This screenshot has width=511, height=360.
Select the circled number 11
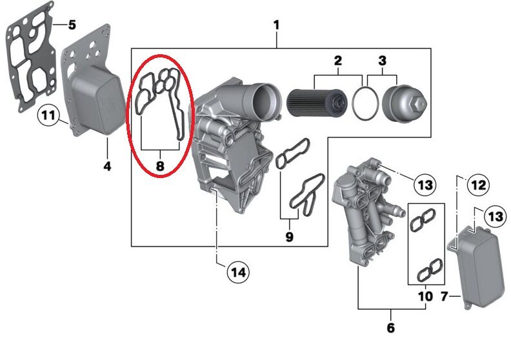point(47,116)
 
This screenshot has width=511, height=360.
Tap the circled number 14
point(238,272)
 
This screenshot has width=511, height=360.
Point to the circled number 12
point(478,186)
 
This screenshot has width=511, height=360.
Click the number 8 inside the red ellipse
point(160,167)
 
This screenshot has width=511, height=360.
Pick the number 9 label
point(289,237)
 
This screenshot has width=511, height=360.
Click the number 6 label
point(390,328)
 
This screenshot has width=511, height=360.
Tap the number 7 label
point(444,297)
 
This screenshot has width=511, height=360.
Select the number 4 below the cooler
point(107,166)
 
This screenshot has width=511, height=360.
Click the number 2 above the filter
point(337,61)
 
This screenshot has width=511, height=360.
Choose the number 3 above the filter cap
point(382,61)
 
